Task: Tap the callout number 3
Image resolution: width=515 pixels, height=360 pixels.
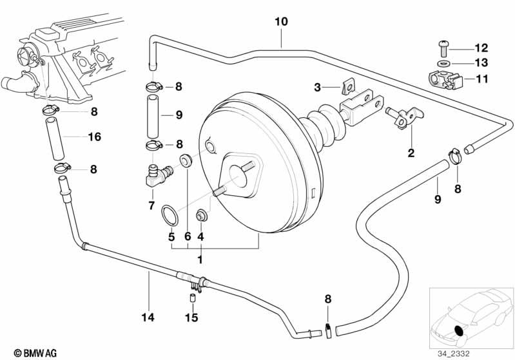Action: [x=317, y=87]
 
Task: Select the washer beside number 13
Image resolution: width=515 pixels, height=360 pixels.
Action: [x=443, y=64]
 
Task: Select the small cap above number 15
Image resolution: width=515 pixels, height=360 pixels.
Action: [x=191, y=298]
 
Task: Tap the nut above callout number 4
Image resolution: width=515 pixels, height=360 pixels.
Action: [x=200, y=213]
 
